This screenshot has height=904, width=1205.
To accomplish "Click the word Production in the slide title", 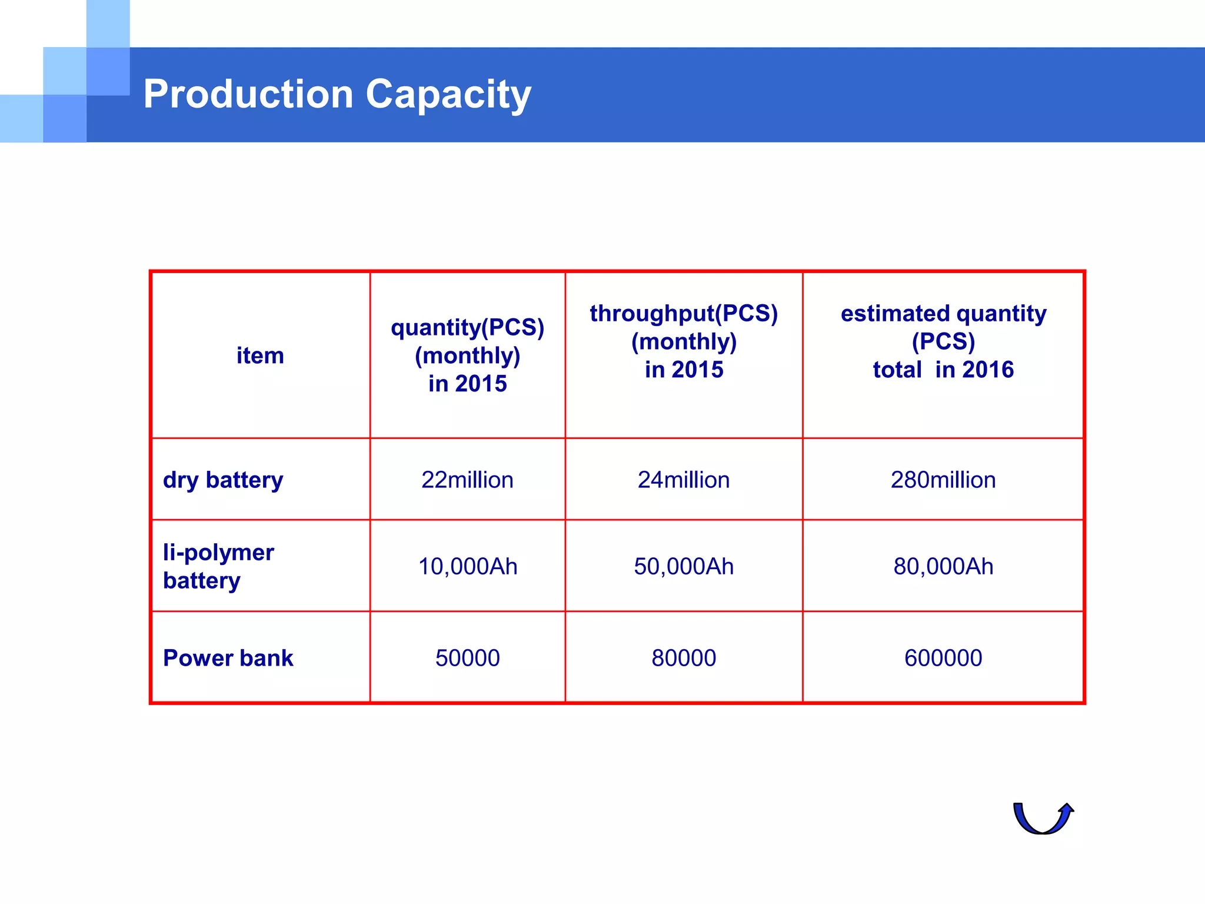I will pos(248,94).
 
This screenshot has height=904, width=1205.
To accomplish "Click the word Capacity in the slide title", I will pos(448,95).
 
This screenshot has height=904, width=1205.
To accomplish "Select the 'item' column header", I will pos(260,355).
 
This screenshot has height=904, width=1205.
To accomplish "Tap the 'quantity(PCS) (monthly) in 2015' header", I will pos(467,355).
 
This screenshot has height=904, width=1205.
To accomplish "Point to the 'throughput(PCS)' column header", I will pos(684,314).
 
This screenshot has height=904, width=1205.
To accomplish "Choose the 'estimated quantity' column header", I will pos(943,314).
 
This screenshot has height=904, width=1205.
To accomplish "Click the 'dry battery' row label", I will pos(223,480).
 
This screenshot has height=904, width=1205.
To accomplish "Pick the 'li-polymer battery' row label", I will pos(218,566).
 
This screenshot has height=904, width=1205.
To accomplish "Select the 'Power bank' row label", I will pos(228,658).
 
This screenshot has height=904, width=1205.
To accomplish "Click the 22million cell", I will pos(467,480).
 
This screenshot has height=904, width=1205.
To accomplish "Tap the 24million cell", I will pos(684,480).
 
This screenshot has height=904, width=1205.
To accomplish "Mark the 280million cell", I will pos(943,480).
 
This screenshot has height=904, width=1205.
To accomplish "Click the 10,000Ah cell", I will pos(467,566).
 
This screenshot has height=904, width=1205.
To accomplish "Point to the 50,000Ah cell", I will pos(684,566).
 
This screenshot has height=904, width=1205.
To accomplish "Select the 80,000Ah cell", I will pos(943,566).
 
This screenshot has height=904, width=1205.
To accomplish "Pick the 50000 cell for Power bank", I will pos(467,658).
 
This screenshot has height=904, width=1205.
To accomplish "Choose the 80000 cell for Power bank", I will pos(684,658).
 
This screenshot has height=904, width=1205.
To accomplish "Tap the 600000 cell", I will pos(943,658).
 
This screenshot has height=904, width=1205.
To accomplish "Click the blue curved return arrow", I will pos(1043,819).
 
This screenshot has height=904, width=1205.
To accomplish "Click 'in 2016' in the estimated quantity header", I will pos(974,370).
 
